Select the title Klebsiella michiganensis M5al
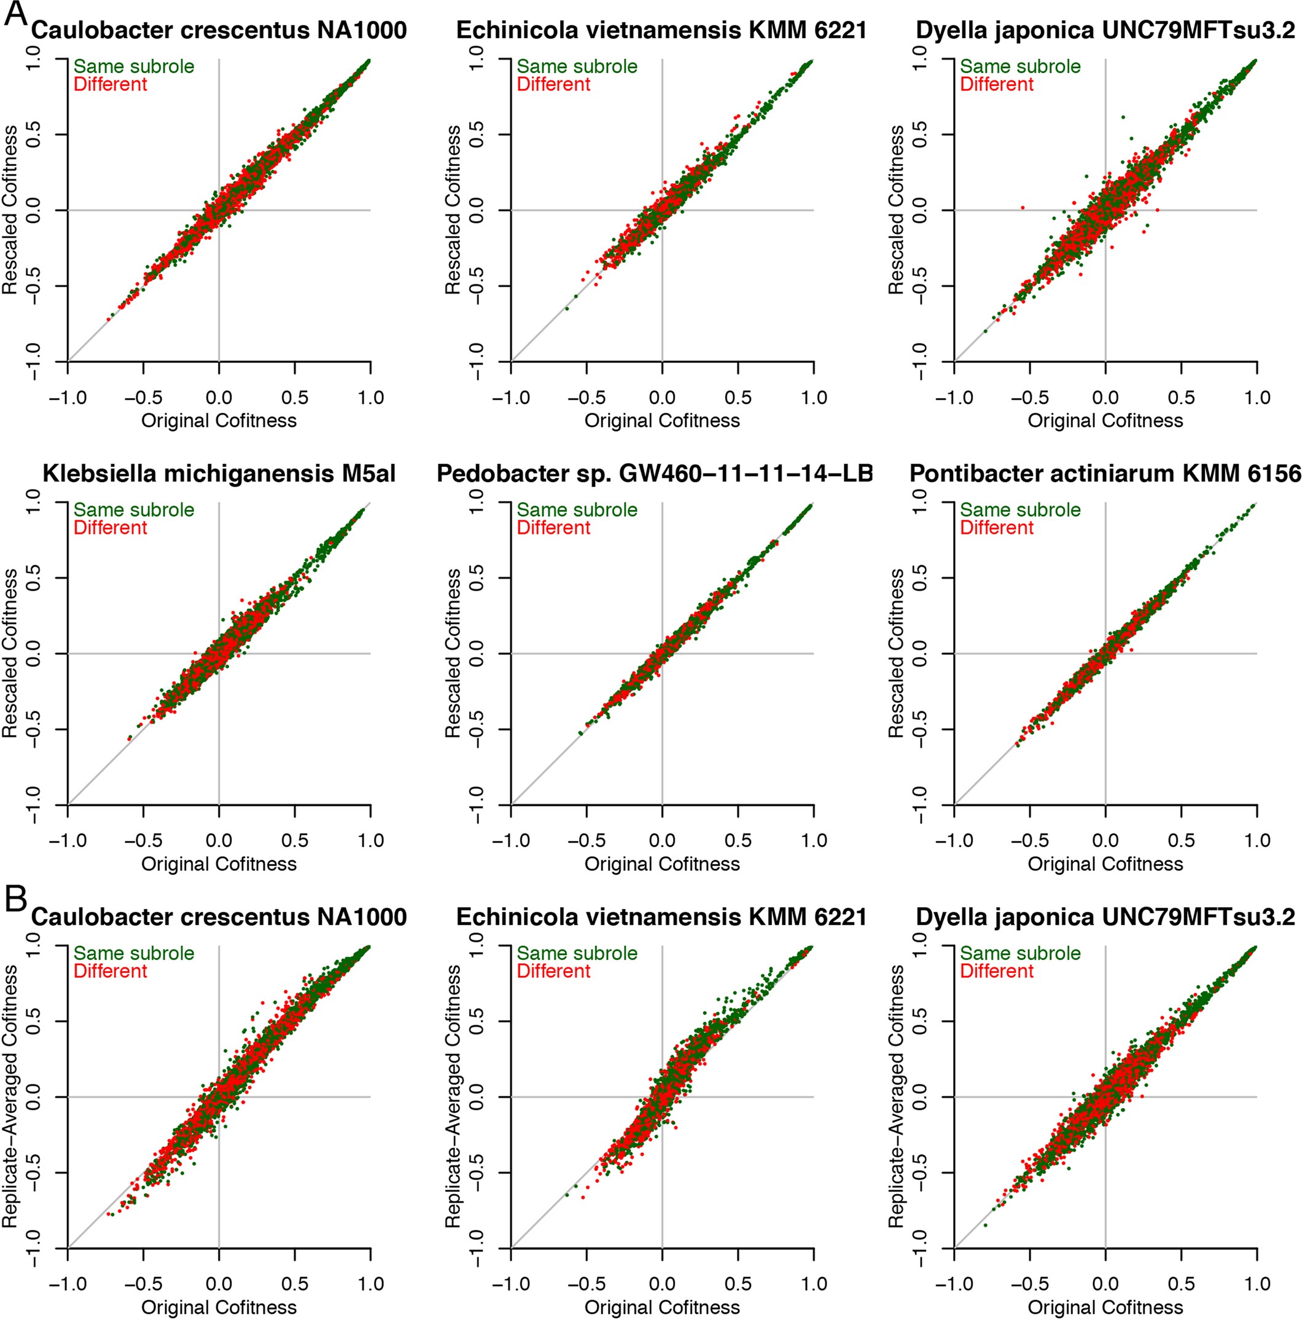219,474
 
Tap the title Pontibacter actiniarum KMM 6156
1105,474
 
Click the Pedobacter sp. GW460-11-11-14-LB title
654,474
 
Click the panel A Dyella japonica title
1105,31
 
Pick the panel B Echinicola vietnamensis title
661,917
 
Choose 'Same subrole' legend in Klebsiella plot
134,510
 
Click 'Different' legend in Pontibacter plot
996,528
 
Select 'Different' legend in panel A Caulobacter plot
110,84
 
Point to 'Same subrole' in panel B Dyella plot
1020,953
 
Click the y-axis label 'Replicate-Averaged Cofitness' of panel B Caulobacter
10,1096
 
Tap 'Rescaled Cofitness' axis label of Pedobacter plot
453,653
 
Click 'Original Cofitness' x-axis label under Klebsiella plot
219,864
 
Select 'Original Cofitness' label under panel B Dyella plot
1105,1307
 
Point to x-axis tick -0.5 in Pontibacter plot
1030,840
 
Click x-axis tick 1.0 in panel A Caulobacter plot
370,397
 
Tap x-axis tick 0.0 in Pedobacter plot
661,840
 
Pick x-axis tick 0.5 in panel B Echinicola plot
738,1284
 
